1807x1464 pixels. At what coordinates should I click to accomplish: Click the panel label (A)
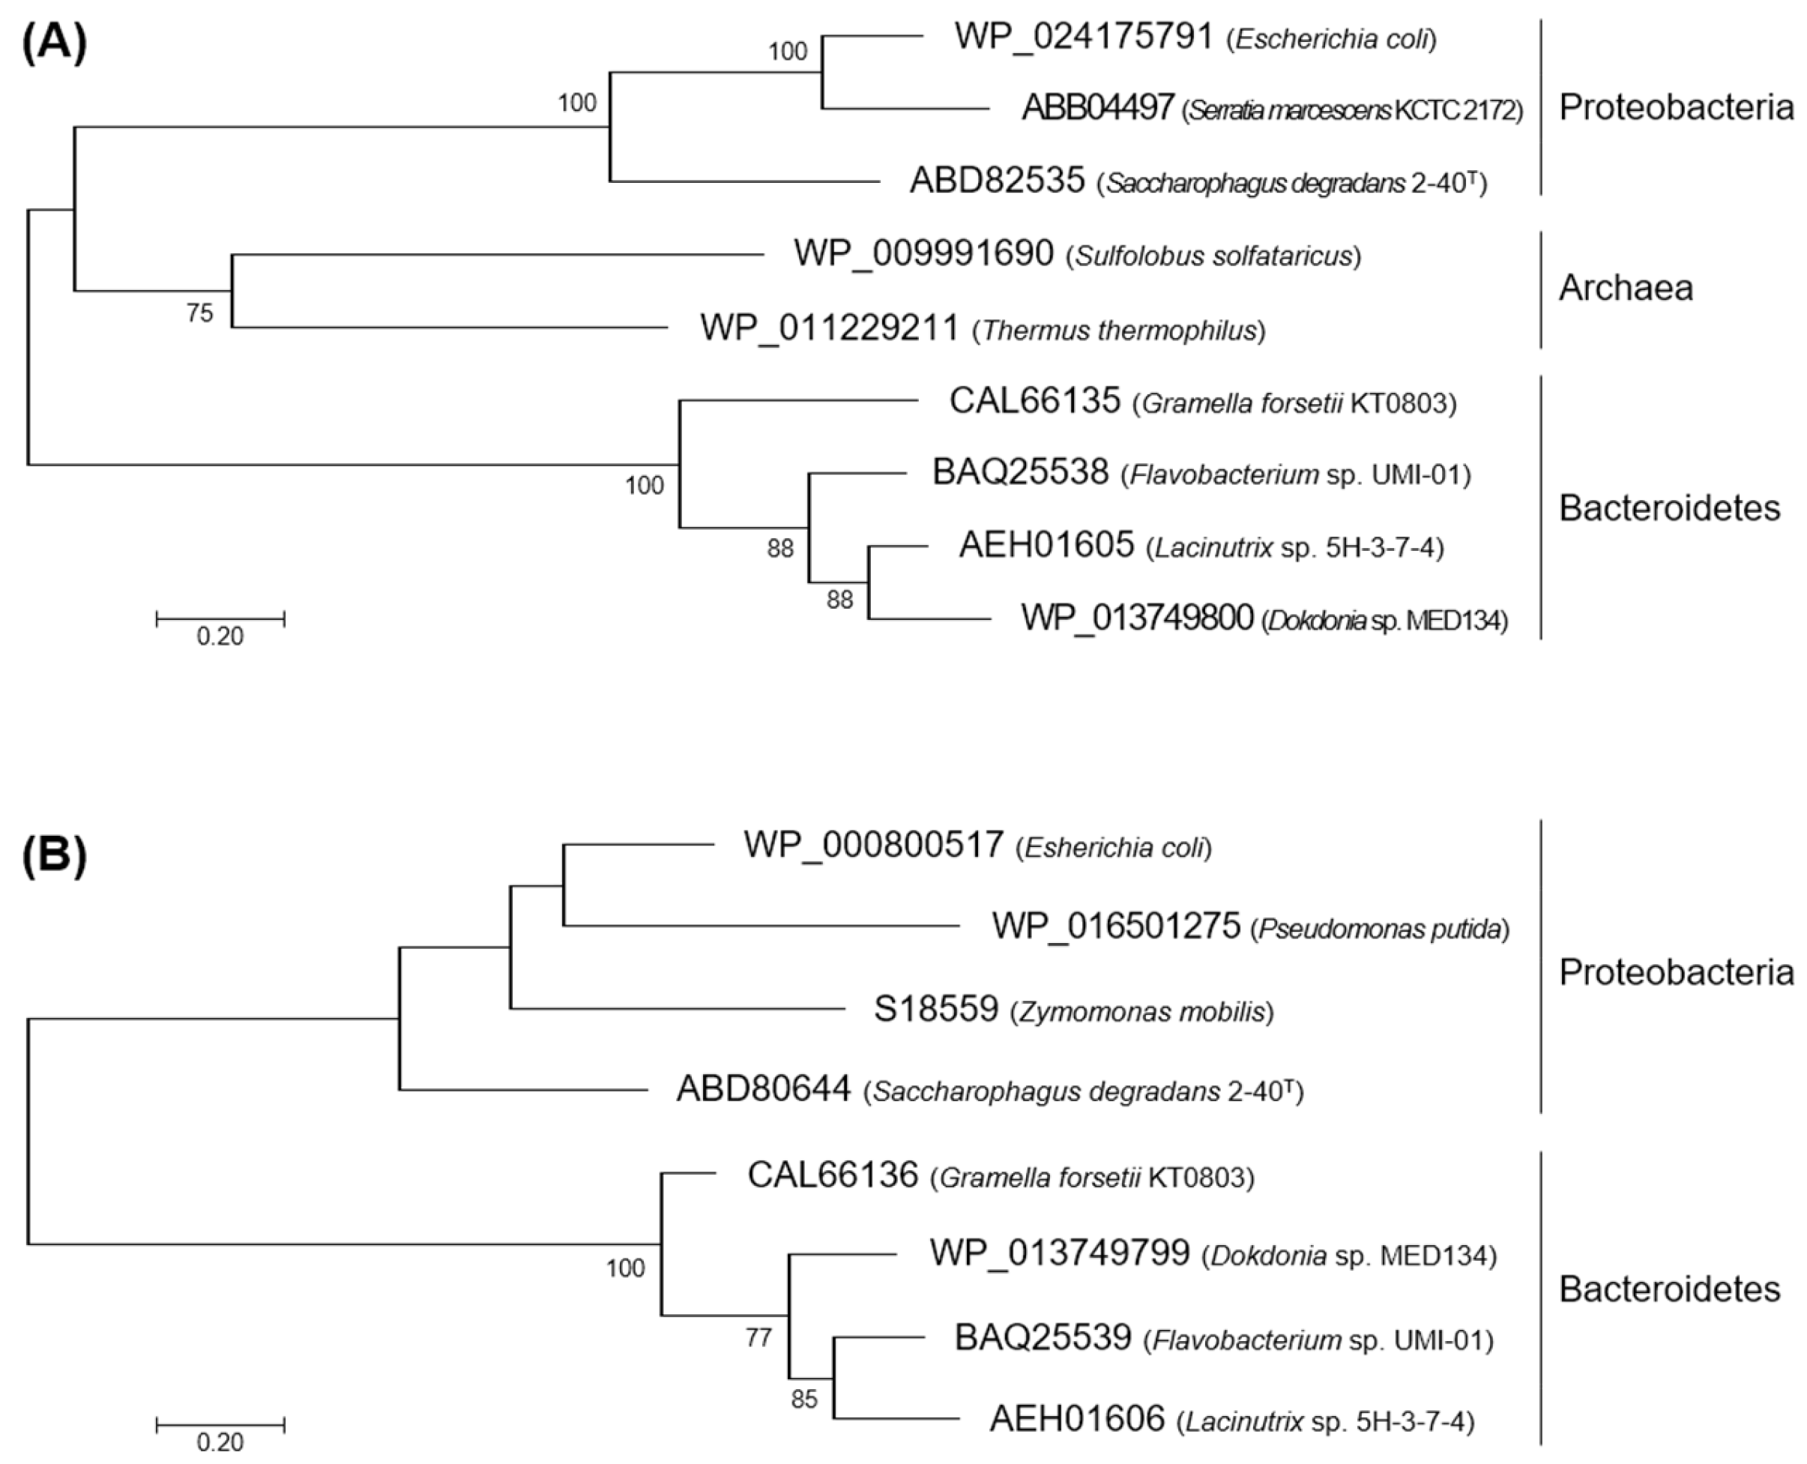[x=54, y=43]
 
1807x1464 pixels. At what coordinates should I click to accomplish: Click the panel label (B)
[x=54, y=857]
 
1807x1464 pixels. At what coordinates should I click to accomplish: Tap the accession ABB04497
[x=1097, y=108]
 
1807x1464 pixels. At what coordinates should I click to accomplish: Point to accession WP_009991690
[x=923, y=254]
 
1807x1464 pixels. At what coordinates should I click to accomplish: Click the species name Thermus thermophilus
[x=1119, y=331]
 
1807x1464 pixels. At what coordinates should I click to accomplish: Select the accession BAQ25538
[x=1019, y=472]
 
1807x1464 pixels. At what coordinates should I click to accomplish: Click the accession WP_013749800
[x=1137, y=618]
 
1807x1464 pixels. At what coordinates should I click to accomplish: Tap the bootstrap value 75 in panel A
[x=200, y=313]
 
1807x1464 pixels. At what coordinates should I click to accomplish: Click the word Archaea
[x=1625, y=289]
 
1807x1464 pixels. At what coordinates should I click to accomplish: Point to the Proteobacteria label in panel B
[x=1675, y=972]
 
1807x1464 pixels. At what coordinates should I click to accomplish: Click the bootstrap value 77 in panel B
[x=758, y=1337]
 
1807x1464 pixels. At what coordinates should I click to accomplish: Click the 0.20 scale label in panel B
[x=220, y=1443]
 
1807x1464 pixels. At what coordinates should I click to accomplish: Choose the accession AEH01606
[x=1077, y=1419]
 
